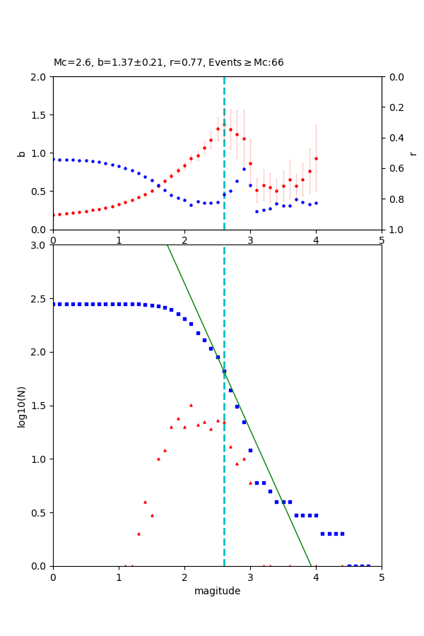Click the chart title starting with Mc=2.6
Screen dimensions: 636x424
[x=168, y=63]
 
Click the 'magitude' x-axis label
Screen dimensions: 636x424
[x=217, y=591]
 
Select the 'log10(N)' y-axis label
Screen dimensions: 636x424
[x=21, y=406]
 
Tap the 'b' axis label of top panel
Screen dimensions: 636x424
[x=21, y=153]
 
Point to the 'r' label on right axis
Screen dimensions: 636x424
[x=413, y=153]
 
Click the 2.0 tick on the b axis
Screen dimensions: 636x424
[x=40, y=77]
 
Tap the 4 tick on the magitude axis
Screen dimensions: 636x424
[x=316, y=577]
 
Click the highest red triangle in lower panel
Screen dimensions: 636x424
[x=191, y=405]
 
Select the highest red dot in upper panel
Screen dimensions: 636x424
[x=224, y=125]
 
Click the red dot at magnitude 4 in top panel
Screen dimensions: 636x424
[x=316, y=158]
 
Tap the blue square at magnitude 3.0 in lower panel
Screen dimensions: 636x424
[x=250, y=450]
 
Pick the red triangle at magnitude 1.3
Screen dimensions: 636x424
[x=139, y=534]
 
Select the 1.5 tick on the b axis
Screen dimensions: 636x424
[x=40, y=115]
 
